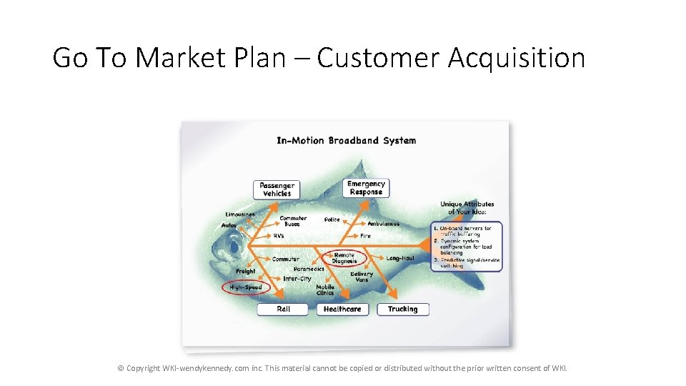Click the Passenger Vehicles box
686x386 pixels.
pyautogui.click(x=277, y=189)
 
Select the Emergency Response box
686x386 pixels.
pyautogui.click(x=366, y=187)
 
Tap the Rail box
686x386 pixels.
pyautogui.click(x=283, y=309)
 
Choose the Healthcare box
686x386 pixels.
pyautogui.click(x=342, y=309)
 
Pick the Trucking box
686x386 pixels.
pyautogui.click(x=402, y=309)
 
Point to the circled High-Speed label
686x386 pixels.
pyautogui.click(x=246, y=287)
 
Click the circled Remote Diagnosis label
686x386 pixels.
pyautogui.click(x=344, y=258)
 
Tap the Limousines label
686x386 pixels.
pyautogui.click(x=240, y=214)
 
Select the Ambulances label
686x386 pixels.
pyautogui.click(x=384, y=224)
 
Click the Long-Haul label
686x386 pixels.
pyautogui.click(x=400, y=258)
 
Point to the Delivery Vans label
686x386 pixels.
pyautogui.click(x=362, y=277)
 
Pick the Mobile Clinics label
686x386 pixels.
pyautogui.click(x=325, y=289)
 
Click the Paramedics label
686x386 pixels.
pyautogui.click(x=309, y=269)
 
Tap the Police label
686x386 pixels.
pyautogui.click(x=332, y=219)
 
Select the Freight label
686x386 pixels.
pyautogui.click(x=245, y=272)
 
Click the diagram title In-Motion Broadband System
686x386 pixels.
pyautogui.click(x=346, y=140)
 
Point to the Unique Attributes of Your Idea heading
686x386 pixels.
pyautogui.click(x=467, y=207)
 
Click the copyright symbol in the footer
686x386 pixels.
pyautogui.click(x=121, y=369)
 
